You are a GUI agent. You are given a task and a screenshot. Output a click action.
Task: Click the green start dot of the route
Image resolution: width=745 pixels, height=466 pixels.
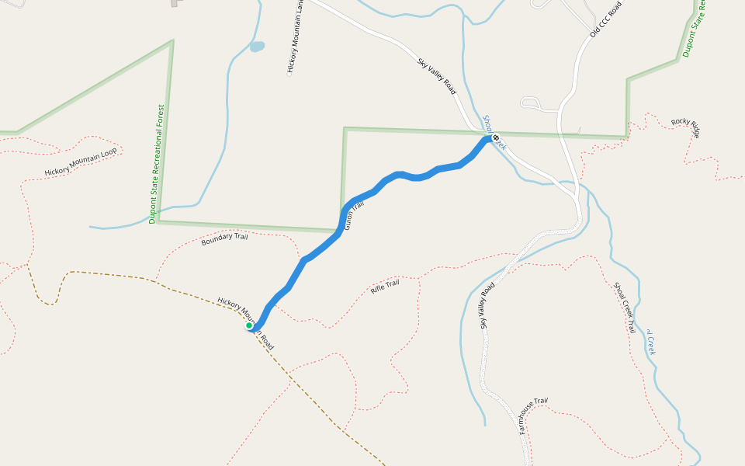(x=249, y=325)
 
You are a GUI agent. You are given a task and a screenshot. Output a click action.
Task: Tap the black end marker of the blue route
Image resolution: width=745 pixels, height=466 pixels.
(x=496, y=138)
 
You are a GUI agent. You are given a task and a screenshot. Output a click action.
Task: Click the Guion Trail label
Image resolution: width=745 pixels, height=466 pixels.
(x=353, y=214)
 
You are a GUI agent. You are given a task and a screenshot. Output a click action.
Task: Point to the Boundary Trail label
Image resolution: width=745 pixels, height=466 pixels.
(x=224, y=240)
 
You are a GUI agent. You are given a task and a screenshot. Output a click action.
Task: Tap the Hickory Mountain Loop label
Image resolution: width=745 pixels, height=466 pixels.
(x=81, y=162)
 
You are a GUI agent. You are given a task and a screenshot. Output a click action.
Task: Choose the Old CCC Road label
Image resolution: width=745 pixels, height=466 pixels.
(x=607, y=19)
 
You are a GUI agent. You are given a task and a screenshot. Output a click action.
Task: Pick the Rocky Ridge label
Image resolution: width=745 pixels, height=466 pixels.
(x=686, y=127)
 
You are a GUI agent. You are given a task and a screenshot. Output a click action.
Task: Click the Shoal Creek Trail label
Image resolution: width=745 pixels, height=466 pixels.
(x=625, y=308)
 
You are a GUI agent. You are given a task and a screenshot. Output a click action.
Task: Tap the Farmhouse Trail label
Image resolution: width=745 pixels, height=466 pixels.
(x=532, y=416)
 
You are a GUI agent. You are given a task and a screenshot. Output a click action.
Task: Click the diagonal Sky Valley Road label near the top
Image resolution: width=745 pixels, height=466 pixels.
(x=437, y=77)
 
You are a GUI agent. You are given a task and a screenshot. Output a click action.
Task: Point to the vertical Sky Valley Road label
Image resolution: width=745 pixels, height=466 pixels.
(x=487, y=306)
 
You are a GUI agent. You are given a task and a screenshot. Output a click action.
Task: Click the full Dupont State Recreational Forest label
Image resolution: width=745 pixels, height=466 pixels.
(x=157, y=164)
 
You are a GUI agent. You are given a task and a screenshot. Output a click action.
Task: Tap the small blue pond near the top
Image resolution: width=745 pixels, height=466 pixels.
(x=257, y=47)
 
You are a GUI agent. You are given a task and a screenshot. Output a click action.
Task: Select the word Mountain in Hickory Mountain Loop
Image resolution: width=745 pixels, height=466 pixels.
(x=86, y=159)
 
